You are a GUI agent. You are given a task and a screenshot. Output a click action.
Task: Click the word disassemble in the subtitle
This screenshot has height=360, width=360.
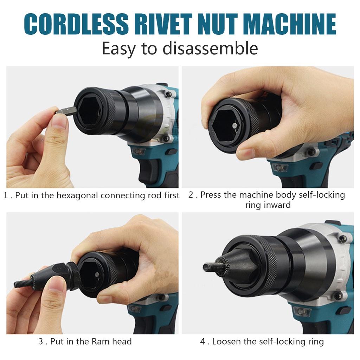pos(210,49)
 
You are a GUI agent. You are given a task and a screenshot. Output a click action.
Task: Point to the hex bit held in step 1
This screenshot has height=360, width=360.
pos(66,111)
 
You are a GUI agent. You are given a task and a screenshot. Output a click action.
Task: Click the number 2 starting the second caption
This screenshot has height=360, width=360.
pos(191,195)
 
